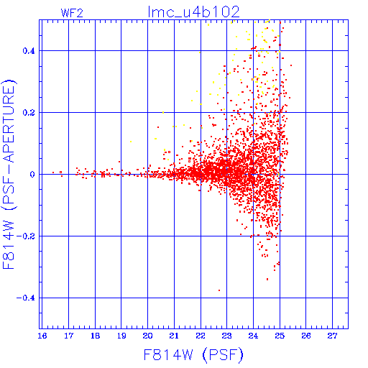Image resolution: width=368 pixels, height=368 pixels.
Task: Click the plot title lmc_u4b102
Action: tap(194, 11)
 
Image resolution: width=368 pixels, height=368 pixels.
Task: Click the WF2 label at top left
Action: tap(72, 13)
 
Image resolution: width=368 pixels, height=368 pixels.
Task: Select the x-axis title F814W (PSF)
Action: tap(193, 355)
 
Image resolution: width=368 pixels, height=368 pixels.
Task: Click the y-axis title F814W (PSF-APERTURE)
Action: tap(9, 174)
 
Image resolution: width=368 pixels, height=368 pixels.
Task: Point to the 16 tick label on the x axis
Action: tap(42, 336)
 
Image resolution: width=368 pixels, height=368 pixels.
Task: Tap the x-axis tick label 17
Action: tap(68, 336)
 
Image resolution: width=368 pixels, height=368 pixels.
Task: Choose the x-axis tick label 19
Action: tap(121, 336)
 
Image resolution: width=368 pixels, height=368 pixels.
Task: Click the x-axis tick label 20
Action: tap(147, 336)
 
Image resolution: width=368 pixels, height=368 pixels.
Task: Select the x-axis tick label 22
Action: tap(201, 336)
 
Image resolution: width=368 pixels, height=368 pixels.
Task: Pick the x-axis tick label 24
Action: tap(253, 336)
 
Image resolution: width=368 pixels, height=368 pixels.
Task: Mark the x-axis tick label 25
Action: tap(280, 336)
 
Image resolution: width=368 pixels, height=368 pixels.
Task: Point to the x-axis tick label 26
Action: tap(306, 336)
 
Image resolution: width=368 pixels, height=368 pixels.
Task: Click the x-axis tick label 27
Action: tap(332, 336)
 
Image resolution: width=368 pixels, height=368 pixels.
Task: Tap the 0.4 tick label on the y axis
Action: tap(29, 51)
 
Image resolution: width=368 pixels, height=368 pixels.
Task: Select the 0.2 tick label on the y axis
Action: tap(29, 113)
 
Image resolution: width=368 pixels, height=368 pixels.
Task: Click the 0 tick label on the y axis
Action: tap(32, 175)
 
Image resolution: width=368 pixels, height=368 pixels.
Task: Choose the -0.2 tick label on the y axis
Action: tap(26, 236)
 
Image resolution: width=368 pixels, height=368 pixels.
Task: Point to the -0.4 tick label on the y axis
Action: tap(26, 298)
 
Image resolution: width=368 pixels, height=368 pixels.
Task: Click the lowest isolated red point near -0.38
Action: tap(219, 290)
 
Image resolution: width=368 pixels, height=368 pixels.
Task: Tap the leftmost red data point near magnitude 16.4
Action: tap(53, 172)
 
